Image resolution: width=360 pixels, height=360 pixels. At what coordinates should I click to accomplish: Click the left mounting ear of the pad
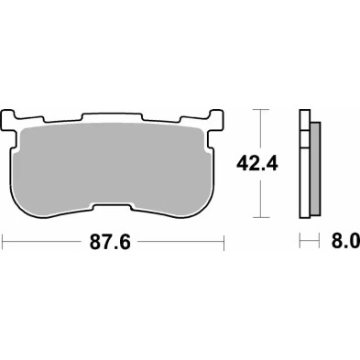click(15, 120)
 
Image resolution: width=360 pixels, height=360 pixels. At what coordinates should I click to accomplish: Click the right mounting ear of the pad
click(217, 120)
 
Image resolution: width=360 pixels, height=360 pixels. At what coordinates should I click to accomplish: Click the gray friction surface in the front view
click(115, 169)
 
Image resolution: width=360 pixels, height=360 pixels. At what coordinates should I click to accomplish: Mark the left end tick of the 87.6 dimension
click(5, 243)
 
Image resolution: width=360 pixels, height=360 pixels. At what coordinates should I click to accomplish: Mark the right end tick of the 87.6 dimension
click(225, 243)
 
